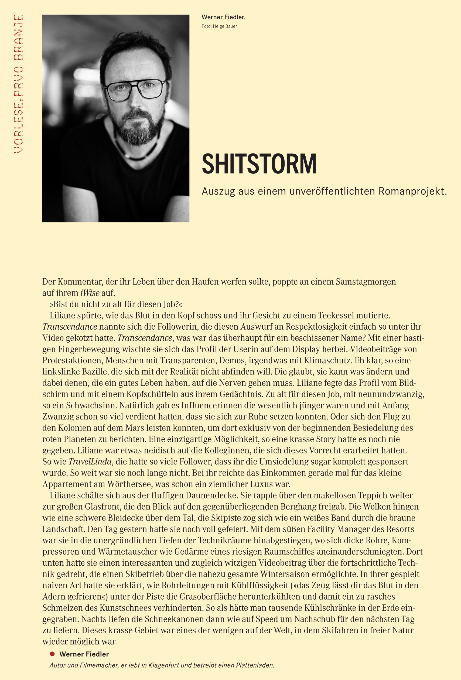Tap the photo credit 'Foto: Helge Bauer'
point(219,26)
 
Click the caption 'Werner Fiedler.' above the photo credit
point(223,17)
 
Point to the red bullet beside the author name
point(52,654)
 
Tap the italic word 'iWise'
point(90,293)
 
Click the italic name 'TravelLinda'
point(90,462)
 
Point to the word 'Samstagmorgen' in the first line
point(366,282)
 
